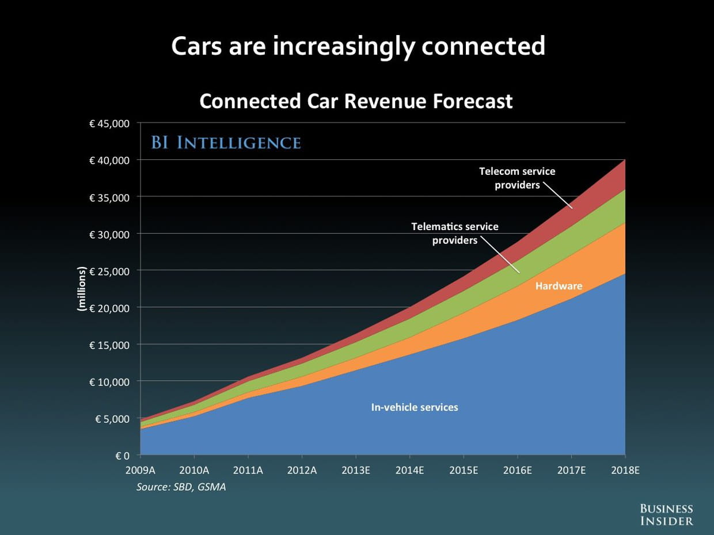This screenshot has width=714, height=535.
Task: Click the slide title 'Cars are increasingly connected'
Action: (358, 47)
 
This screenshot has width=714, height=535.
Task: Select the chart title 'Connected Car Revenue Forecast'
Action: (356, 101)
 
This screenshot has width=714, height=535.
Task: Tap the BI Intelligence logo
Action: (226, 143)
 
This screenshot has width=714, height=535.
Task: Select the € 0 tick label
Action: (122, 456)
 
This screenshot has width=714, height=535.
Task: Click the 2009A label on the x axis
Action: (140, 470)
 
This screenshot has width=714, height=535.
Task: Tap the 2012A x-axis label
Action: (302, 470)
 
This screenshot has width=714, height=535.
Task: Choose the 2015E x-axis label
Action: (464, 470)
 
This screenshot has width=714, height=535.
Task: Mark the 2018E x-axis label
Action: (625, 470)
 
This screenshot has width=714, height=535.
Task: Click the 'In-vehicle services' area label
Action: (415, 407)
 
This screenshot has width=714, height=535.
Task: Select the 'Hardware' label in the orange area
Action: (559, 286)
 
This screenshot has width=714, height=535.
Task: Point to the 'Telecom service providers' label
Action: (517, 178)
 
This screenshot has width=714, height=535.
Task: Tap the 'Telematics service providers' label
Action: (455, 233)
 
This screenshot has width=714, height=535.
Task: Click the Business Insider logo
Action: (667, 514)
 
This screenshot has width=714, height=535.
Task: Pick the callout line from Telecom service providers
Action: (557, 195)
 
